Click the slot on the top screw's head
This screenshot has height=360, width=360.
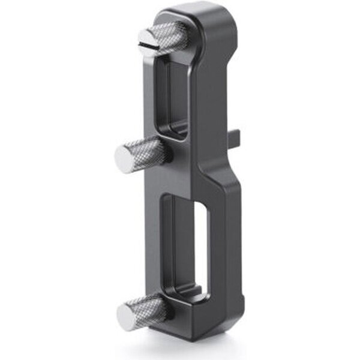tap(146, 44)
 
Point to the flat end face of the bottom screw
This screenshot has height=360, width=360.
tap(127, 316)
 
